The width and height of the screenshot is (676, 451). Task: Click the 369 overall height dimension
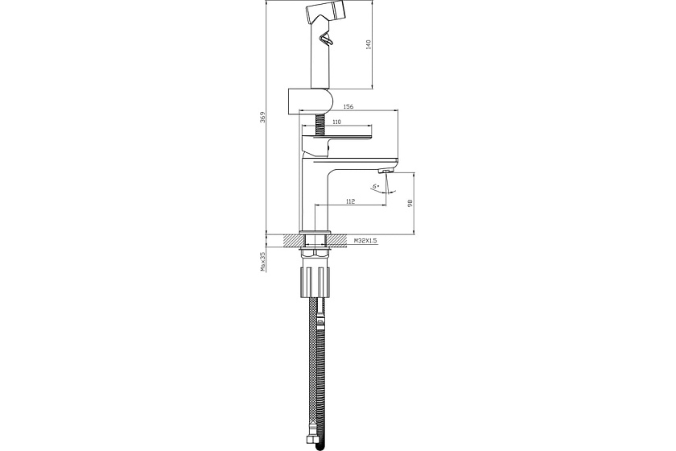(x=262, y=117)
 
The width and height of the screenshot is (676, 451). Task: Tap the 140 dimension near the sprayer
(x=369, y=44)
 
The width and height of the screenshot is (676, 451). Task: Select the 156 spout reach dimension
(x=348, y=106)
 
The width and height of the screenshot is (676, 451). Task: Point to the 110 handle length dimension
(x=336, y=122)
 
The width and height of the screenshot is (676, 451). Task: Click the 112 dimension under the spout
(x=350, y=201)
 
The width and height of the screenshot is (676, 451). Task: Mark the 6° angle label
(x=377, y=187)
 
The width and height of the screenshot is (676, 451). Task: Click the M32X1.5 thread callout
(x=365, y=240)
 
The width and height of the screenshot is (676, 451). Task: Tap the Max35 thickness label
(x=262, y=263)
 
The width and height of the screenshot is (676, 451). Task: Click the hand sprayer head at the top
(x=325, y=14)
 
